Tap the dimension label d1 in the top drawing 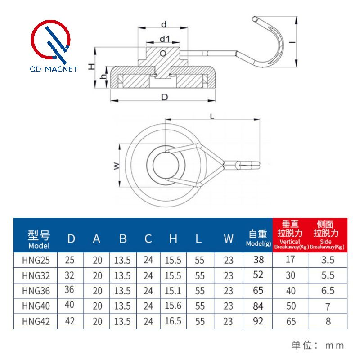point(164,40)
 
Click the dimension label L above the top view point(212,116)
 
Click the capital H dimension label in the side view point(91,66)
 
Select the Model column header point(39,239)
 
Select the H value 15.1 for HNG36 point(173,290)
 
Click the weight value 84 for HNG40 point(258,306)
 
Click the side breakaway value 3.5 point(328,260)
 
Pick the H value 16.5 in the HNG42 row point(173,321)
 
